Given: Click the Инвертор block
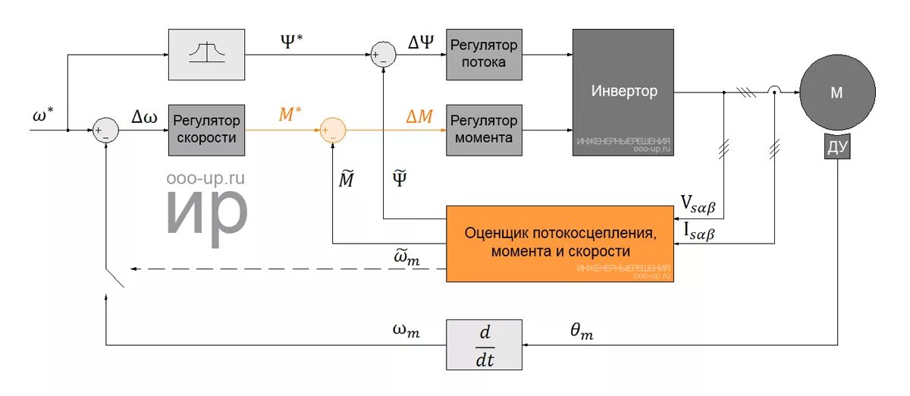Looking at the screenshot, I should coord(623,92).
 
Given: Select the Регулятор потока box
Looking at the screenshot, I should coord(484,54).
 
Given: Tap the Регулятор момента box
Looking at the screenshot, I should coord(484,129).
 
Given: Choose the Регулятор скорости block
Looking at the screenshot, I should coord(206,129).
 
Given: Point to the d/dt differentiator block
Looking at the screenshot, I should coord(485,344).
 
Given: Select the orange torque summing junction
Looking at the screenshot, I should coord(331,130).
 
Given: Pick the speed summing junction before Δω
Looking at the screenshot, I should coord(105,130).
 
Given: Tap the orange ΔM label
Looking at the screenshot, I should coord(419,116).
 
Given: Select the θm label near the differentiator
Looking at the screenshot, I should coord(581,331).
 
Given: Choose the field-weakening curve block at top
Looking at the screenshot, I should coord(206,54).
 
